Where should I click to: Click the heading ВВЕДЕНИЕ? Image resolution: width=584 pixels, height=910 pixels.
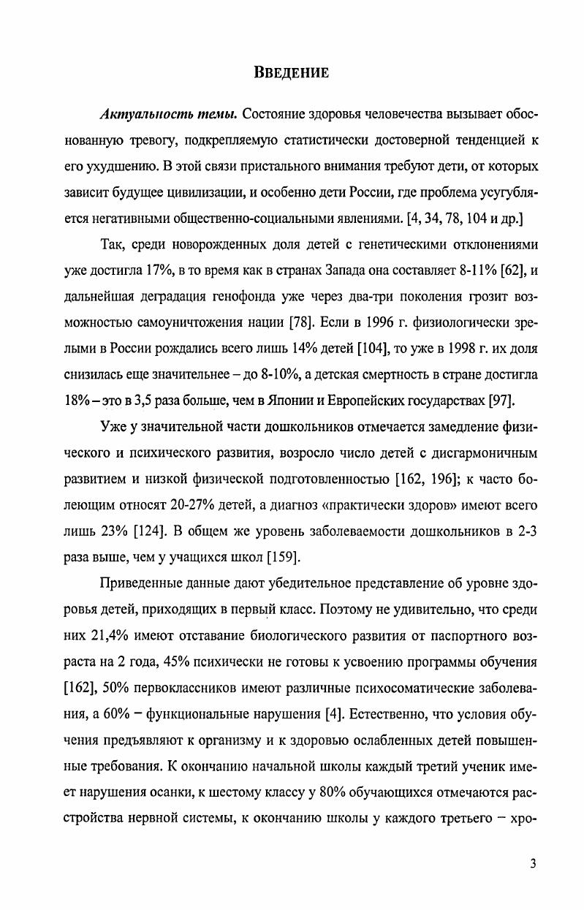[292, 72]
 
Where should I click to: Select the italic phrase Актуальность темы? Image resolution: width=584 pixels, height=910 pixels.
[166, 115]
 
